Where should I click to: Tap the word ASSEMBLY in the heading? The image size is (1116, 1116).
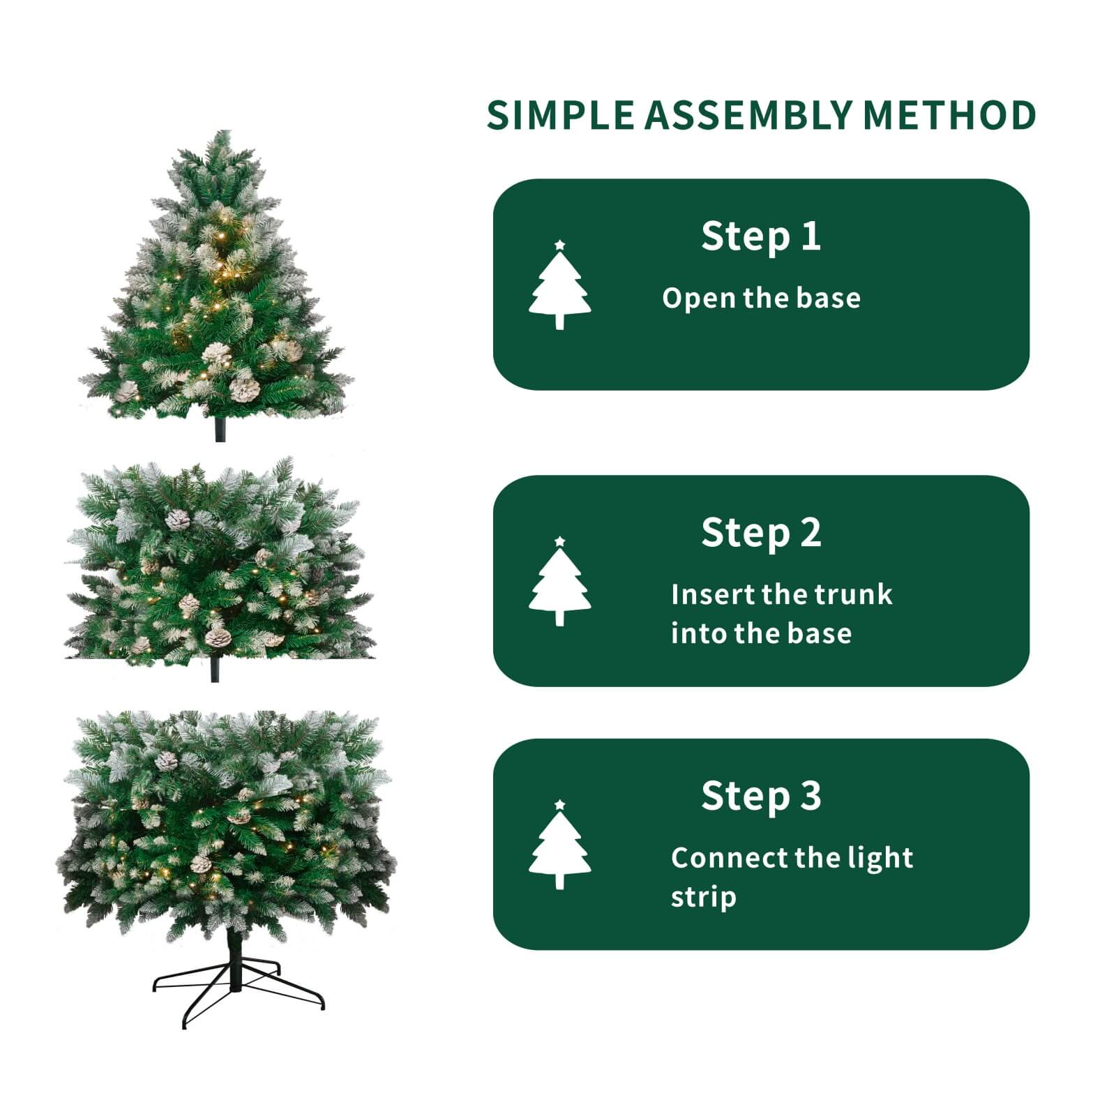pos(748,115)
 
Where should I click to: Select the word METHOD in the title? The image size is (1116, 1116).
pos(949,115)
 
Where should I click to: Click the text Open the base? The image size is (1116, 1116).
pos(761,299)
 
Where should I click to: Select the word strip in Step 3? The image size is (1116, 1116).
pos(703,897)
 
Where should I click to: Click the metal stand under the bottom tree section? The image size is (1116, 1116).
pos(237,983)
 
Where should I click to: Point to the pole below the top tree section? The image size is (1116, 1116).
pos(220,430)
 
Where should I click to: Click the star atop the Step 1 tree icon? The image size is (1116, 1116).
pos(559,246)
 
